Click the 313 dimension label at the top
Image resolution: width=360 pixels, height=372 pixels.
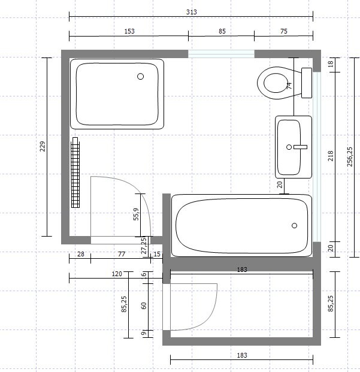point(192,12)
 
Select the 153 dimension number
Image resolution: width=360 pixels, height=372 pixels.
point(129,31)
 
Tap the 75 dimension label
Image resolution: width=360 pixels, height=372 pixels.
point(284,31)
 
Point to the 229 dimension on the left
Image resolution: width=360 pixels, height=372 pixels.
point(42,146)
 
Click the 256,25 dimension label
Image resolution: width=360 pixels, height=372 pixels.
point(350,156)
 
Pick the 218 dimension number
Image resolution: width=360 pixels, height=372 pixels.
point(331,156)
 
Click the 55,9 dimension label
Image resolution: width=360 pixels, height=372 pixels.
point(136,214)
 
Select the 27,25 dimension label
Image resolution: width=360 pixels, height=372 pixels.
point(144,246)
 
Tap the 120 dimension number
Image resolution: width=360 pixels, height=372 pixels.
point(117,274)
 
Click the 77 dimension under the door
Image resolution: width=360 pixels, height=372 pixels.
point(122,254)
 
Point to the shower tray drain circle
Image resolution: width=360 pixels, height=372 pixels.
point(140,77)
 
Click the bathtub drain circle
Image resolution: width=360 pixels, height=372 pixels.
point(294,225)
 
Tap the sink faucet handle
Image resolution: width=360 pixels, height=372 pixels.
point(301,147)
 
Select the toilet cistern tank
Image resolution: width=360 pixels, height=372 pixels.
point(307,83)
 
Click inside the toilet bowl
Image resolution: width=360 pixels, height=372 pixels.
point(275,83)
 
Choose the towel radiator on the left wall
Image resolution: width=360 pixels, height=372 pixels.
point(75,173)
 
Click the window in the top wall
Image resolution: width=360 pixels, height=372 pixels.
point(221,54)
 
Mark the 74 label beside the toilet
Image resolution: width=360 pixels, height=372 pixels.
point(289,86)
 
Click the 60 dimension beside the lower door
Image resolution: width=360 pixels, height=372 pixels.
point(144,306)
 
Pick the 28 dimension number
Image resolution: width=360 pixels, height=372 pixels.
point(81,254)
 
